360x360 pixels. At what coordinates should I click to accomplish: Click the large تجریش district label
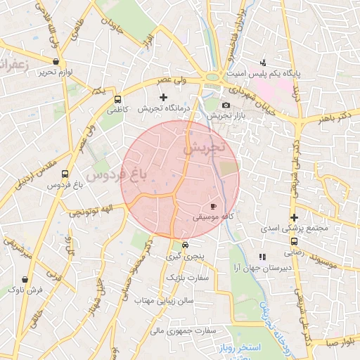pos(203,148)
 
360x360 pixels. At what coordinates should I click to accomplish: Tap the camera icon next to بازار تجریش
pos(226,105)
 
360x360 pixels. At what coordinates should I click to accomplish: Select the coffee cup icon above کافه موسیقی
pos(214,207)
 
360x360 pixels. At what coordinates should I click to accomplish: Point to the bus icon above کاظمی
pos(117,99)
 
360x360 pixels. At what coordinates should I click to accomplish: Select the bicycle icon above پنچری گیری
pos(185,245)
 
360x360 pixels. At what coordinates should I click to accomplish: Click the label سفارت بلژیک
pos(188,278)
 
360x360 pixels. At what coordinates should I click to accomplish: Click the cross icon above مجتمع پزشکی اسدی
pos(294,217)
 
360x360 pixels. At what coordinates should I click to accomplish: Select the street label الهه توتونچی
pos(86,210)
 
